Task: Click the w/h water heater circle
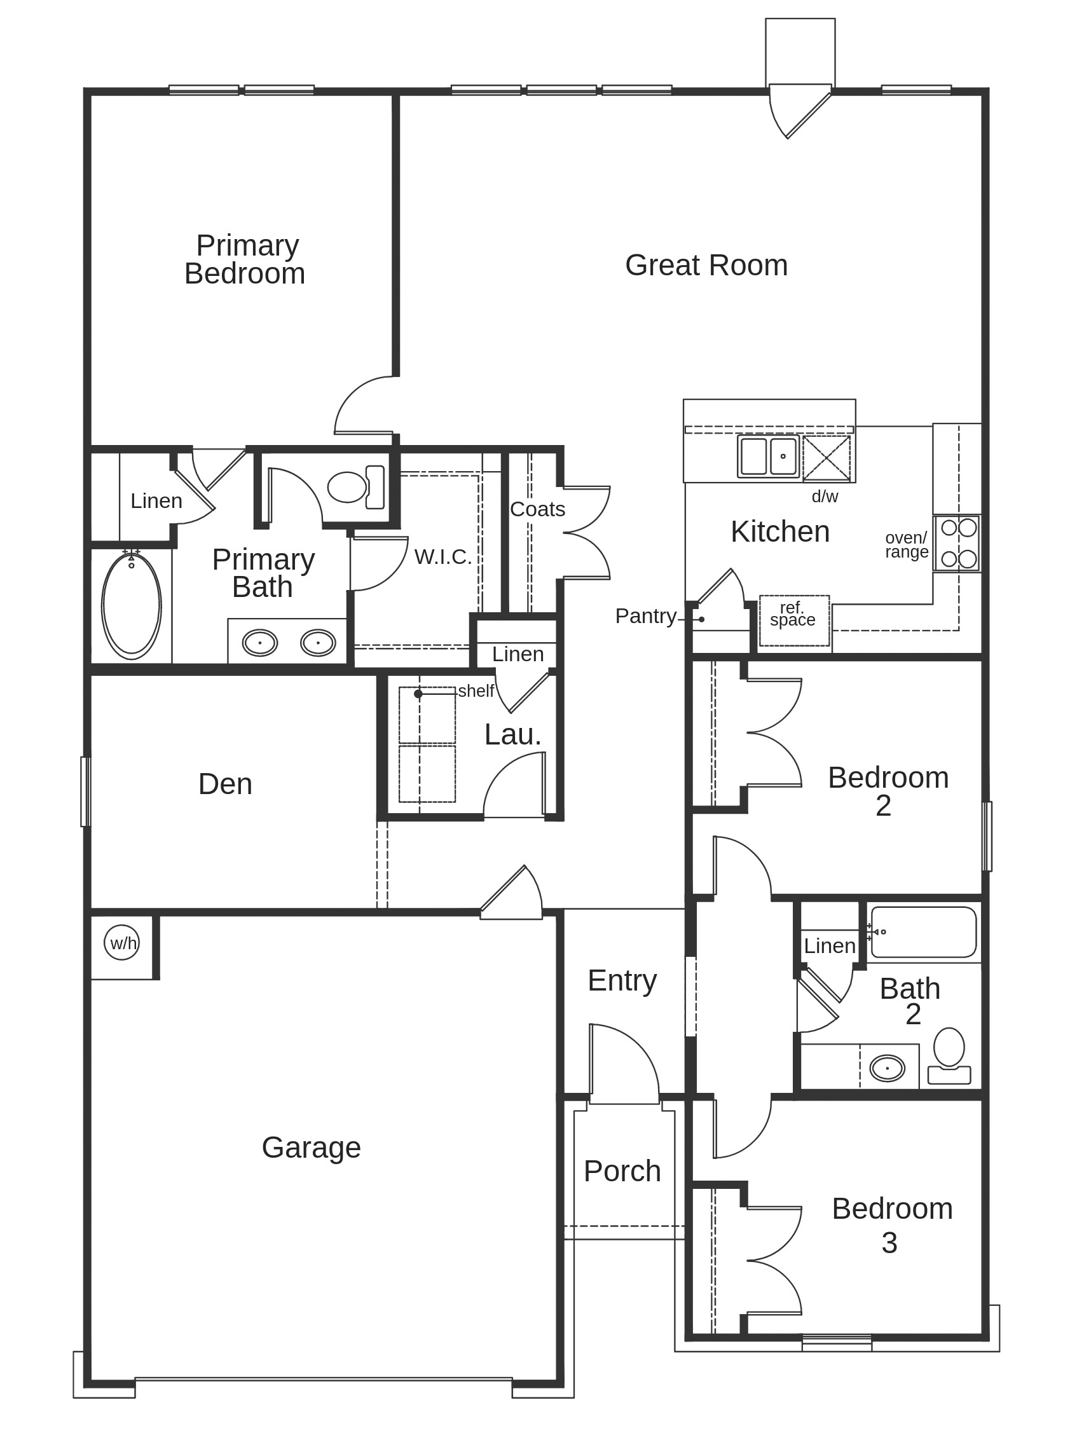(122, 943)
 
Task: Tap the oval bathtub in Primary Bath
(131, 605)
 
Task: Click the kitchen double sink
(768, 456)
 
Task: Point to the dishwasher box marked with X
(826, 458)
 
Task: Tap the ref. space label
(793, 614)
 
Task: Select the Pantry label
(645, 615)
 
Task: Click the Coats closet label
(537, 509)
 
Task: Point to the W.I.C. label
(442, 557)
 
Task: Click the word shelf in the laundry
(476, 690)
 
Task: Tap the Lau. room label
(512, 735)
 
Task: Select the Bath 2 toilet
(949, 1055)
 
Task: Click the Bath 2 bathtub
(924, 933)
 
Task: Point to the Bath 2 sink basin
(887, 1068)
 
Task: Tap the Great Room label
(706, 265)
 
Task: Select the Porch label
(622, 1171)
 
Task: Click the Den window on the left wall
(85, 792)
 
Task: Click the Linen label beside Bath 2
(829, 946)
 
